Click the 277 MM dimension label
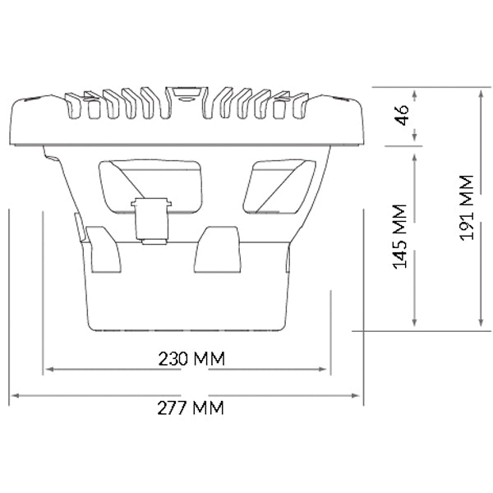(191, 408)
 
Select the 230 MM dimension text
(191, 358)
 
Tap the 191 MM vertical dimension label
(467, 208)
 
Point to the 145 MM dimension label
(400, 237)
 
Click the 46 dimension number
(403, 115)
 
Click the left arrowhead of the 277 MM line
(15, 395)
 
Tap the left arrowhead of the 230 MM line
(49, 369)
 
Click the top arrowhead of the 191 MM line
(481, 94)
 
